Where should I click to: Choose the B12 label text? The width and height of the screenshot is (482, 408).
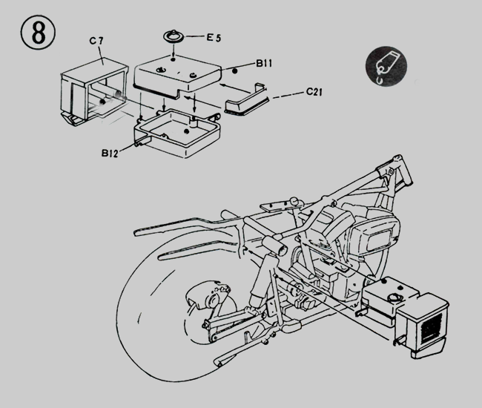[112, 154]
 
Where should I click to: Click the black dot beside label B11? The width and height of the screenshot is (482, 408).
[235, 70]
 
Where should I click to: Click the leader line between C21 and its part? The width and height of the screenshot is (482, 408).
[285, 97]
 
